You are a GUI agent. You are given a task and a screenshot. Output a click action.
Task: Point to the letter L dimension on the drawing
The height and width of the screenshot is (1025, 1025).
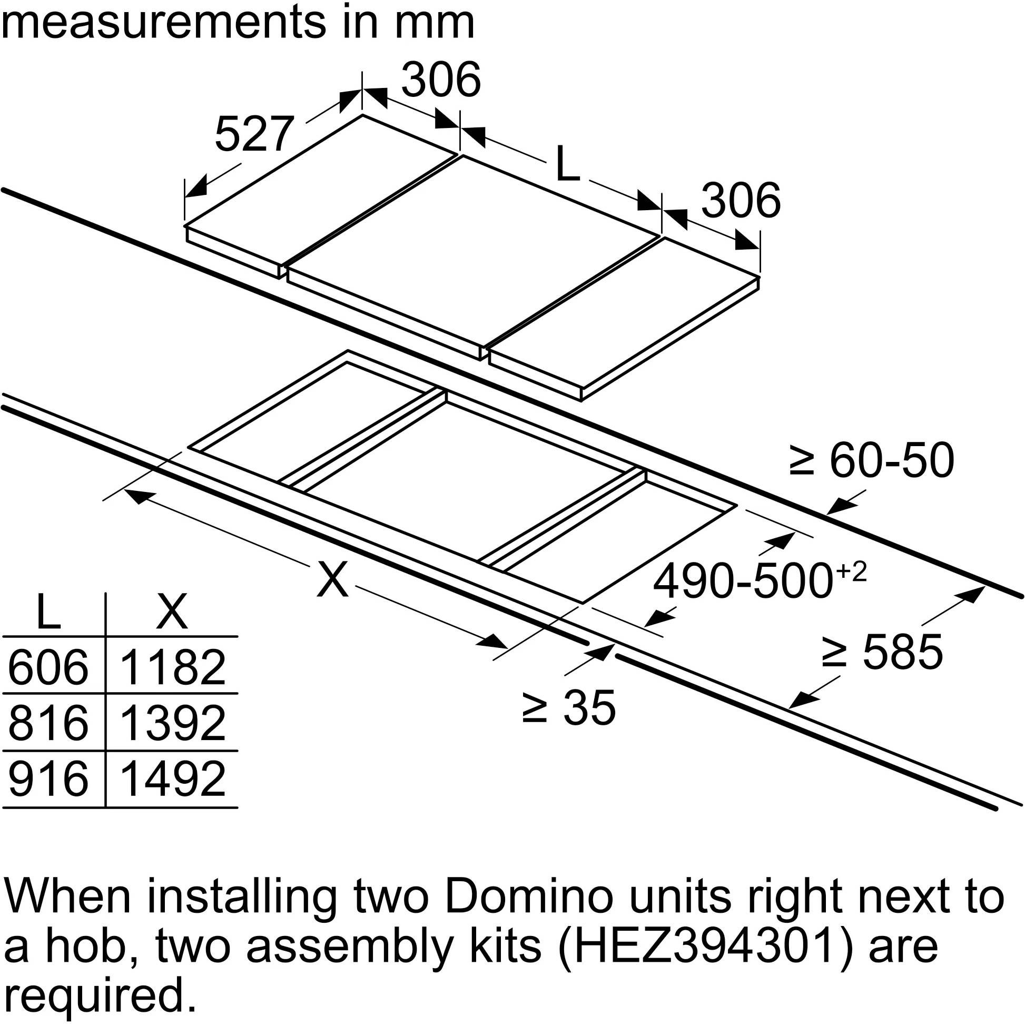click(x=568, y=163)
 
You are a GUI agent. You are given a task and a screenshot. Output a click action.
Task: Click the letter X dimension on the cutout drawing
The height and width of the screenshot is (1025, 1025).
click(x=333, y=580)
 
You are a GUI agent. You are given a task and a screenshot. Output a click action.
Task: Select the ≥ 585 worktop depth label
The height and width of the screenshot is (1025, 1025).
click(x=882, y=652)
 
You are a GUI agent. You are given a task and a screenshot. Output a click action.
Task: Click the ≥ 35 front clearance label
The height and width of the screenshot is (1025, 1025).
click(x=568, y=707)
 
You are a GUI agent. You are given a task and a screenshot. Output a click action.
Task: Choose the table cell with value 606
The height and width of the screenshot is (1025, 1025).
click(x=48, y=667)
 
